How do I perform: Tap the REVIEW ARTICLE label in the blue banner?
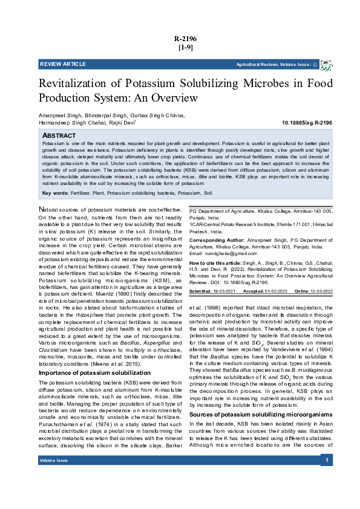pos(63,64)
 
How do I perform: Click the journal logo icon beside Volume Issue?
pos(326,65)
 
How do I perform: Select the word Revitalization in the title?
pos(74,84)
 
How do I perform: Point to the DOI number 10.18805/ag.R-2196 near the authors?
pos(307,123)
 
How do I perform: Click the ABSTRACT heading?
pos(59,135)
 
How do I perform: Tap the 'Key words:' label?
pos(55,193)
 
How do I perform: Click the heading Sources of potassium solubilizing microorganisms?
pos(261,397)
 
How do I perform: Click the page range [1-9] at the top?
pos(185,47)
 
